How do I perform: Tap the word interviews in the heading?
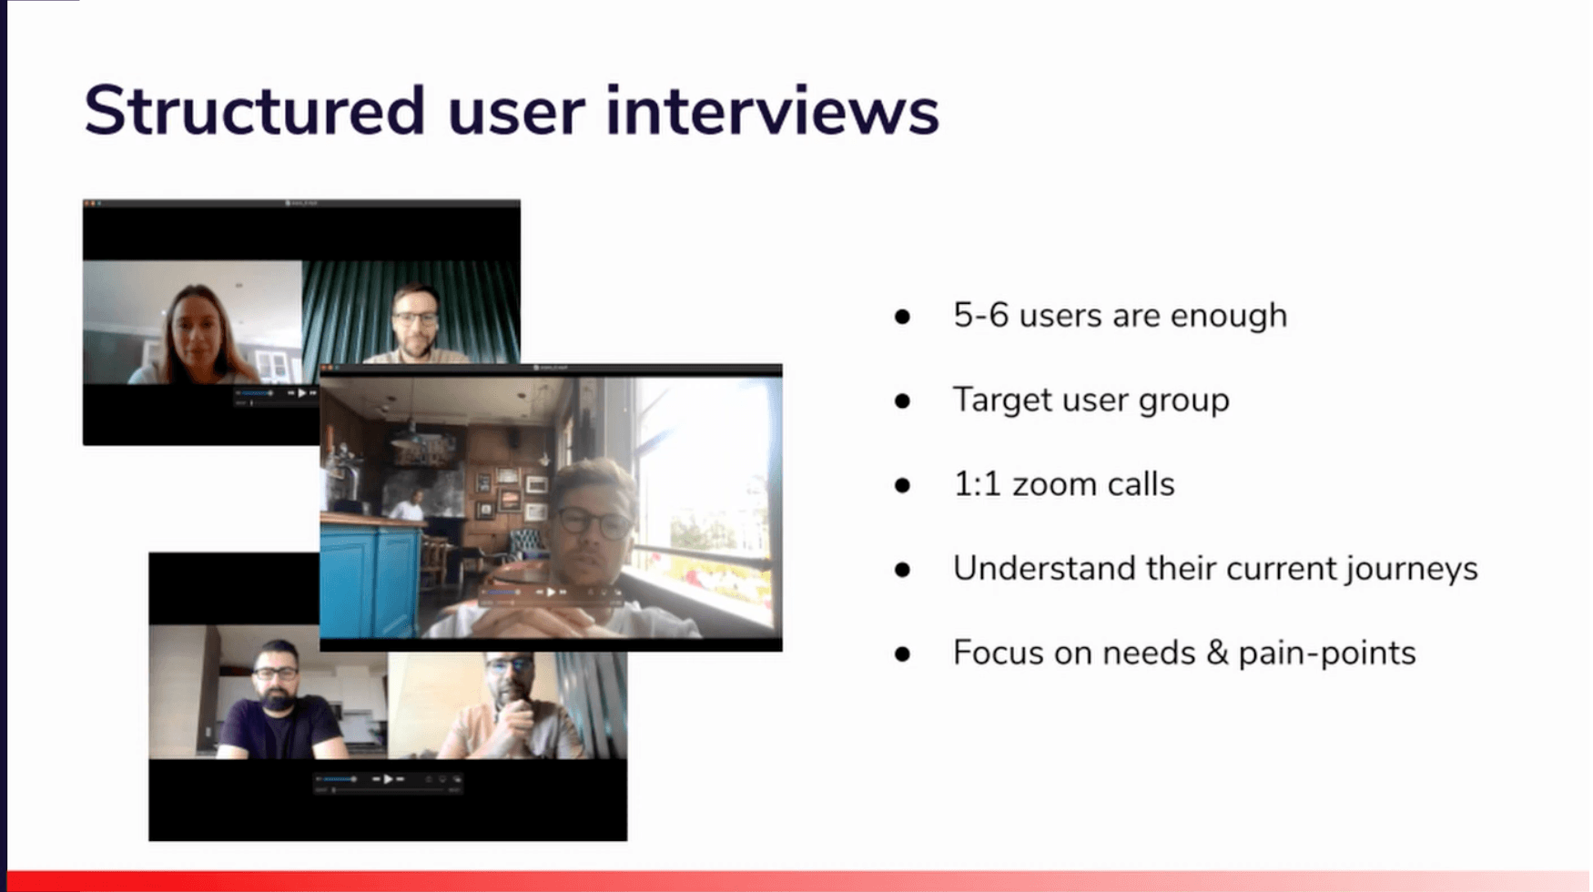coord(772,111)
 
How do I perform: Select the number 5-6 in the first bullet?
coord(980,316)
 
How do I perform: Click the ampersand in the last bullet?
coord(1211,654)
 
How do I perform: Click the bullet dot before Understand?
coord(902,570)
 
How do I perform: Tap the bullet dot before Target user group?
coord(902,400)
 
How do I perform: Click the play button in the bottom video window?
coord(388,779)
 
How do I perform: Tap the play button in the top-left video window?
coord(302,393)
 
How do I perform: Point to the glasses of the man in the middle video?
coord(593,522)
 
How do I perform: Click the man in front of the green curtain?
coord(417,324)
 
